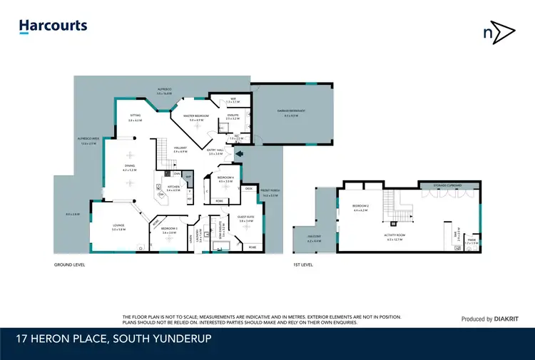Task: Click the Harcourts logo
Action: pos(53,26)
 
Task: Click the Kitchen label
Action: pos(173,189)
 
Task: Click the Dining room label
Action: pos(129,166)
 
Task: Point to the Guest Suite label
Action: pos(247,219)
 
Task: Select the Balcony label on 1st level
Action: pos(314,237)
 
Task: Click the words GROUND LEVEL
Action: pos(69,264)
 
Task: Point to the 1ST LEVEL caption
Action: pos(304,264)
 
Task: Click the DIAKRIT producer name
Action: pos(494,319)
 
